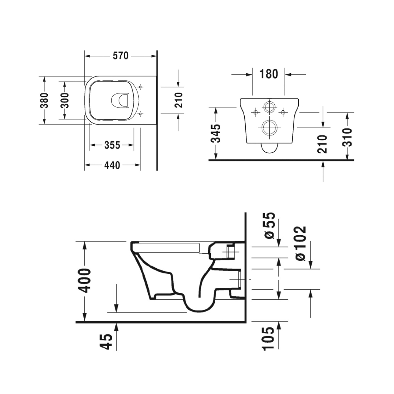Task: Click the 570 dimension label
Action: point(121,56)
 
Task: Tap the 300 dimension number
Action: point(65,100)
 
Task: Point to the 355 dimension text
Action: point(112,145)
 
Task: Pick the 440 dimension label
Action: point(112,165)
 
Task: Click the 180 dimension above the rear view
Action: point(269,74)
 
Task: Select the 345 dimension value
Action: point(215,134)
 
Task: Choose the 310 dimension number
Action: point(347,137)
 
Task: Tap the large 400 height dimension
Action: point(85,280)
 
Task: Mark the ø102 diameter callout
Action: point(300,243)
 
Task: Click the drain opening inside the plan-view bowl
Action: point(121,100)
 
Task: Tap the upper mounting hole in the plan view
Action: point(140,86)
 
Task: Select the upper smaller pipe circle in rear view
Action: point(269,107)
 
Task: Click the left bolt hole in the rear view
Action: point(255,113)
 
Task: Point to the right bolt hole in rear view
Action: point(282,113)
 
